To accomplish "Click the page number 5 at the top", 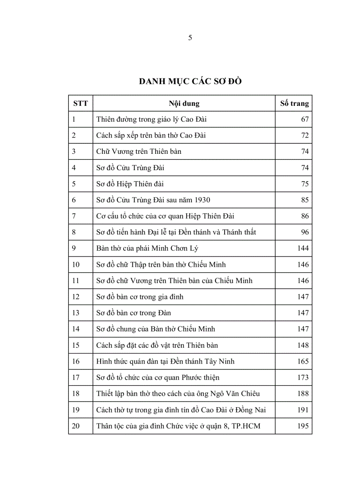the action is point(190,38).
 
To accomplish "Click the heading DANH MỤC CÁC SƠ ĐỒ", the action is point(190,82).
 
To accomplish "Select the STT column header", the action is point(80,104).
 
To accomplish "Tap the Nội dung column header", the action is point(184,104).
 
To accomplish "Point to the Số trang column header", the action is point(294,104).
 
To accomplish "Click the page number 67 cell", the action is point(305,119).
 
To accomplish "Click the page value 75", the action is point(305,184).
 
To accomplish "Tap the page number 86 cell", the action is point(305,216).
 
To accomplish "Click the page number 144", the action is point(303,249).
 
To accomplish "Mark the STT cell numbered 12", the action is point(75,297).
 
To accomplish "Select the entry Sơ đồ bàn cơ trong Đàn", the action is point(133,313).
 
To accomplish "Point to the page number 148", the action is point(303,345).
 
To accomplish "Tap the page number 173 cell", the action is point(303,377).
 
